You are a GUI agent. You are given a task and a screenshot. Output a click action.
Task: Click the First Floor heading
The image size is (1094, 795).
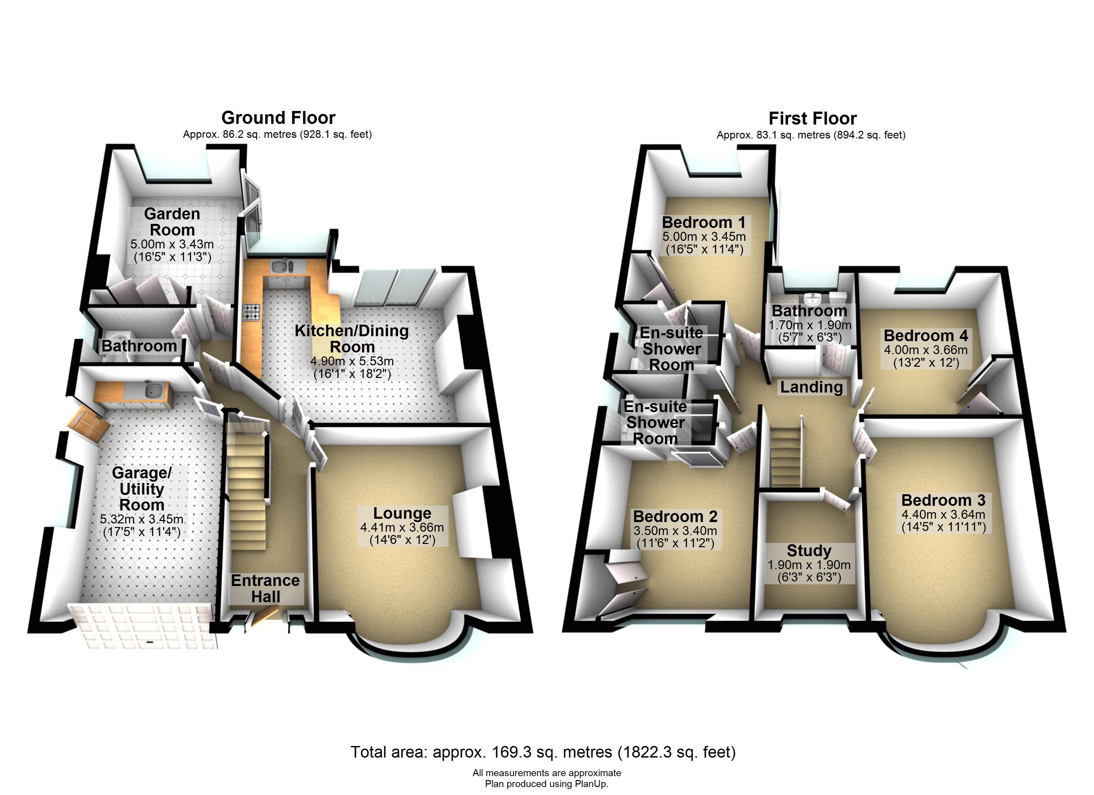click(x=812, y=118)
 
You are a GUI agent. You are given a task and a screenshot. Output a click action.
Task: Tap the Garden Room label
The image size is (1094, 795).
click(x=172, y=222)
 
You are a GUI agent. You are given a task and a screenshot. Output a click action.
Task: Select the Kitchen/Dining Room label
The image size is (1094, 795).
click(x=352, y=339)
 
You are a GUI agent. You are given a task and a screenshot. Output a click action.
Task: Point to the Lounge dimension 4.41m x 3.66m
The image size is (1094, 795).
click(x=402, y=527)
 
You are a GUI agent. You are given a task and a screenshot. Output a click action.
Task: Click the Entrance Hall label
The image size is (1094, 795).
click(x=265, y=588)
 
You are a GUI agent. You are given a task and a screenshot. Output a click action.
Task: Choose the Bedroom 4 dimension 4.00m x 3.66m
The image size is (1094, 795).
click(x=926, y=350)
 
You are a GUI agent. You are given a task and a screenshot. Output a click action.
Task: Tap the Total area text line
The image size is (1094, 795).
click(x=543, y=752)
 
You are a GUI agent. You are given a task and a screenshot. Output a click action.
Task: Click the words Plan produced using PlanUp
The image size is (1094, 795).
click(x=547, y=784)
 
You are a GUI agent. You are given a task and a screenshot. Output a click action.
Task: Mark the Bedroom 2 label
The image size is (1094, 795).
click(x=675, y=516)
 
